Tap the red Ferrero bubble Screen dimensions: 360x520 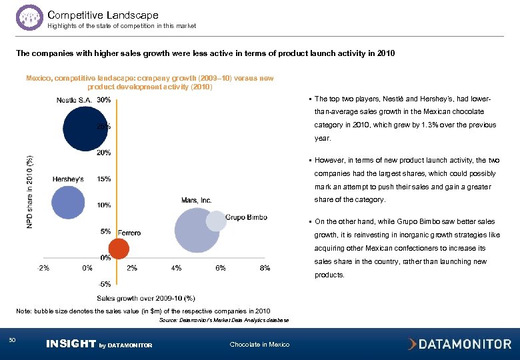pyautogui.click(x=118, y=249)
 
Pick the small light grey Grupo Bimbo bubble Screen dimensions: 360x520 pyautogui.click(x=216, y=221)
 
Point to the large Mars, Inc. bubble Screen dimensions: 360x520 pyautogui.click(x=196, y=230)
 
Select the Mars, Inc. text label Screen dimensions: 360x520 pyautogui.click(x=196, y=200)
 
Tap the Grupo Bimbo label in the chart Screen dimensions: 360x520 pyautogui.click(x=247, y=216)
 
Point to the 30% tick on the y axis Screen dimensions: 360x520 pyautogui.click(x=103, y=100)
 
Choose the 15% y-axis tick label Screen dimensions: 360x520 pyautogui.click(x=103, y=179)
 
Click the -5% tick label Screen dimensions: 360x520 pyautogui.click(x=105, y=283)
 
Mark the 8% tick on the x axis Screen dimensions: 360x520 pyautogui.click(x=265, y=268)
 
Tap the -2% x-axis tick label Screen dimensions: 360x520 pyautogui.click(x=43, y=268)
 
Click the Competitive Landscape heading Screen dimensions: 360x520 pyautogui.click(x=103, y=15)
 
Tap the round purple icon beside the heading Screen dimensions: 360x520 pyautogui.click(x=29, y=17)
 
